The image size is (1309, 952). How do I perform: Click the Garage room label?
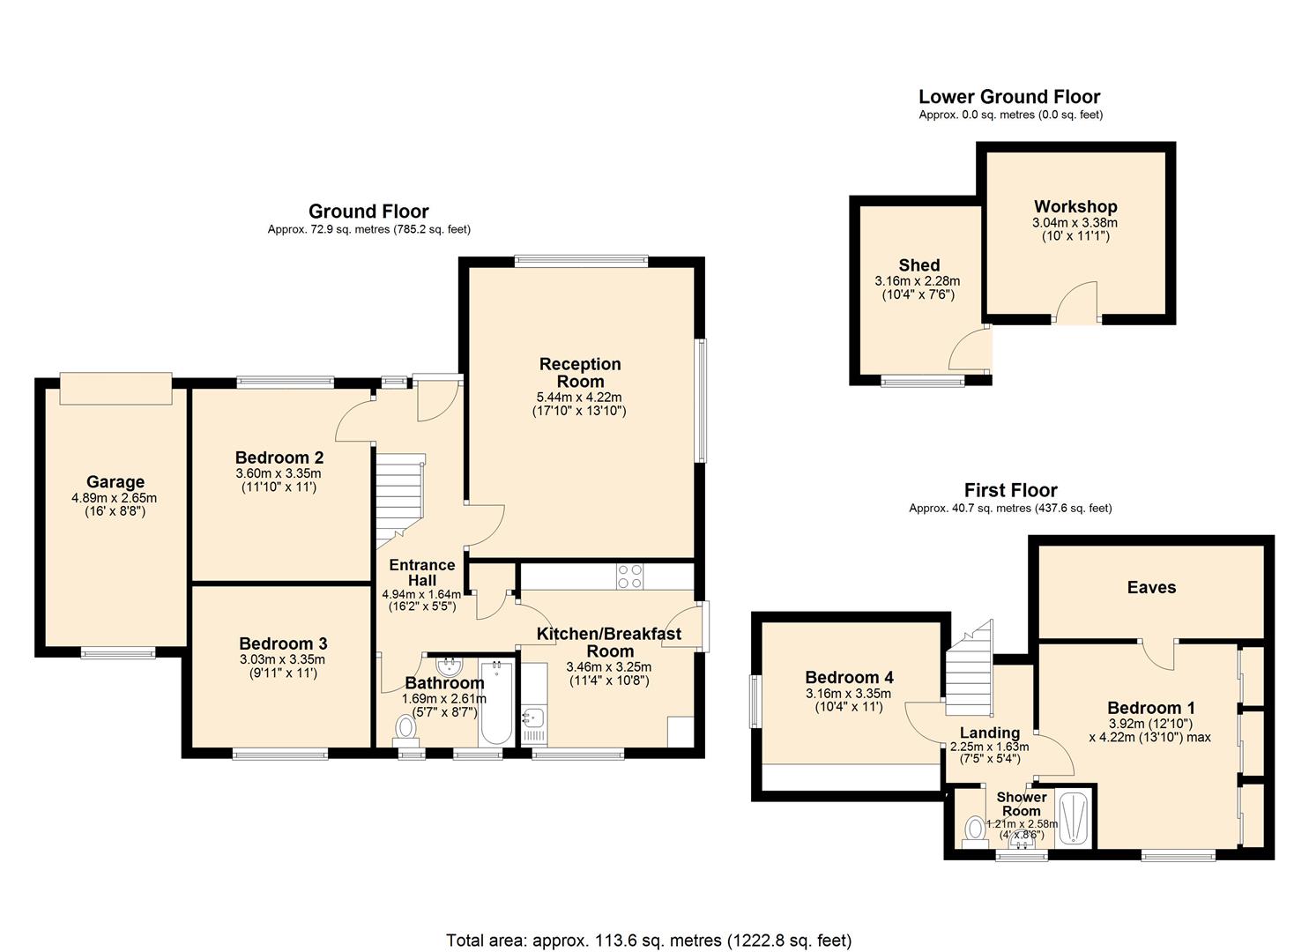(x=115, y=482)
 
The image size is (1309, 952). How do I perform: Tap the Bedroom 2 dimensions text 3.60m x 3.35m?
(x=279, y=473)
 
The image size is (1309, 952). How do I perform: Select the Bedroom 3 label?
(x=283, y=643)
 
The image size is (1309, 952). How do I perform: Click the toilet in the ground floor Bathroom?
(x=406, y=728)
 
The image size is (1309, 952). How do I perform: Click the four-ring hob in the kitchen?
(x=629, y=576)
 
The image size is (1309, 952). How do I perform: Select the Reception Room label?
(x=580, y=372)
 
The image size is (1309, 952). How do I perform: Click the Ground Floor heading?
(x=368, y=212)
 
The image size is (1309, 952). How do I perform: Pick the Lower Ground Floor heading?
(x=1009, y=97)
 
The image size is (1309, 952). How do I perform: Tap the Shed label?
(x=919, y=265)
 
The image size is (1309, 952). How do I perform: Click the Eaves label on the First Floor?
(x=1151, y=588)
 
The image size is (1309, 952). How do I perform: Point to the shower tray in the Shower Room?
(x=1073, y=819)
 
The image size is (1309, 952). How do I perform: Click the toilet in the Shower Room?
(x=974, y=829)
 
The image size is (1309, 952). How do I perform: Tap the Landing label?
(x=989, y=733)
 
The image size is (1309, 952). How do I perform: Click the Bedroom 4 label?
(x=849, y=677)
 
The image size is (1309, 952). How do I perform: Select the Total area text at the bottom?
(x=649, y=941)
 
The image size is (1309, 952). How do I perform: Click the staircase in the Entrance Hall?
(x=398, y=498)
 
